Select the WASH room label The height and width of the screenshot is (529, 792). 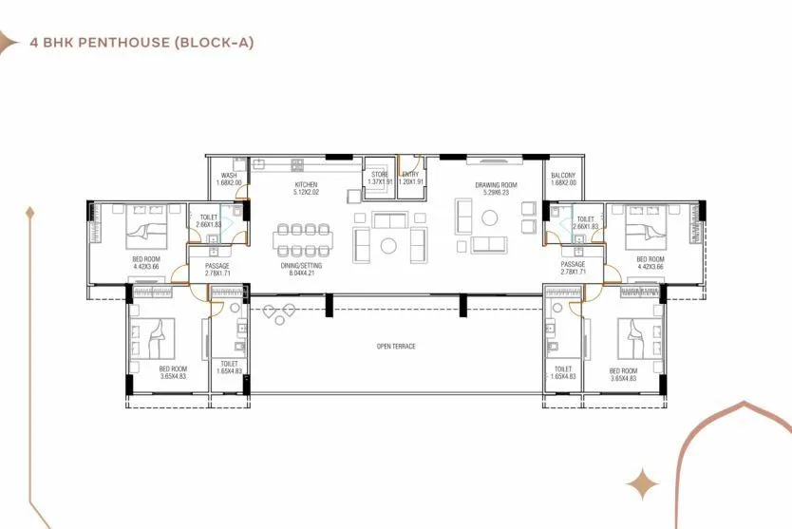tap(229, 175)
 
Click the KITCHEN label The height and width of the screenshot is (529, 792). tap(306, 184)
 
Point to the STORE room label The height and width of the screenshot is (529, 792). tap(380, 174)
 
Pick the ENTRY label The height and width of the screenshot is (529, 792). tap(410, 174)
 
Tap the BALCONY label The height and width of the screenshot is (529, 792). tap(562, 175)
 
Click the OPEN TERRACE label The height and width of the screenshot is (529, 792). tap(396, 346)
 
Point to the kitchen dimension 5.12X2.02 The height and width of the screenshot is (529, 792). tap(306, 193)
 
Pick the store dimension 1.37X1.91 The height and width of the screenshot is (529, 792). tap(380, 182)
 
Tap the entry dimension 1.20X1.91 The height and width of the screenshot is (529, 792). tap(410, 182)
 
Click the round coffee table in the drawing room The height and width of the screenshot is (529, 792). tap(388, 246)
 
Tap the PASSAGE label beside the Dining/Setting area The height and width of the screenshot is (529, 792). tap(217, 265)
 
